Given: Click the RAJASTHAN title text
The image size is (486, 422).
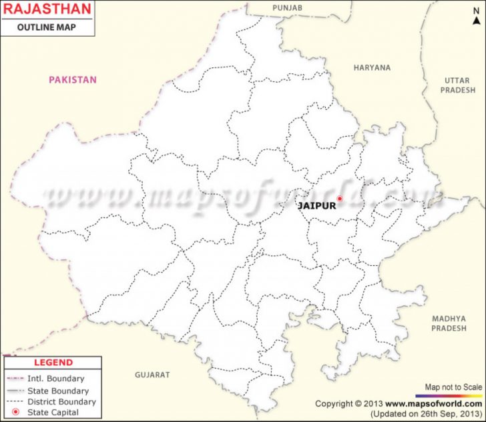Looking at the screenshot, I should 45,9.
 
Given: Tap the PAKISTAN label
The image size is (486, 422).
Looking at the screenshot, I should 73,80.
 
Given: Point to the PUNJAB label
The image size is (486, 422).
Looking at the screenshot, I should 288,7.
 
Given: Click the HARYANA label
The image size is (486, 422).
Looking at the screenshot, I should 373,67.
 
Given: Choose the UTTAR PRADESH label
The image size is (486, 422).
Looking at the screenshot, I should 457,85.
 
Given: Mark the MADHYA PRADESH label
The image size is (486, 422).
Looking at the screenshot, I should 449,323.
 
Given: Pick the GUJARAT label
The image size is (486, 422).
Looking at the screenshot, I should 152,375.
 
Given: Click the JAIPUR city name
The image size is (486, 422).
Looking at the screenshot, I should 316,206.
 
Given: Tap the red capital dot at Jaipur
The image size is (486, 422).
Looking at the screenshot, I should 339,198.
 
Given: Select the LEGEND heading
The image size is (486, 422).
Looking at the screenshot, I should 53,363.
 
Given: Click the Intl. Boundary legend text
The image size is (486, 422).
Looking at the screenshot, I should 56,379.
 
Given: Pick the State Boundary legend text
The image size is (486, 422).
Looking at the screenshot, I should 58,391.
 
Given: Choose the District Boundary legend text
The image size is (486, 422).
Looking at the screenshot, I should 61,402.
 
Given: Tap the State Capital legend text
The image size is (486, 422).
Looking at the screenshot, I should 53,413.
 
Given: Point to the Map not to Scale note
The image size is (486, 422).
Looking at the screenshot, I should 453,387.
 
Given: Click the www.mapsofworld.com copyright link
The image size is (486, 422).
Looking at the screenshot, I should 432,404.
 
